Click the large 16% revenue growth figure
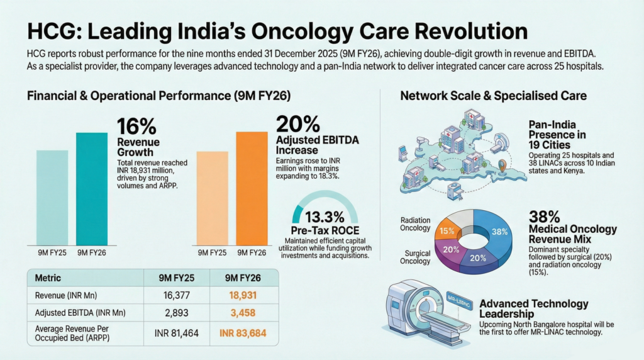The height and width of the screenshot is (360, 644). pyautogui.click(x=136, y=126)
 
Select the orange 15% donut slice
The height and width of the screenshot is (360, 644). pyautogui.click(x=447, y=230)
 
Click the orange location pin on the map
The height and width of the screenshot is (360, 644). pyautogui.click(x=501, y=167)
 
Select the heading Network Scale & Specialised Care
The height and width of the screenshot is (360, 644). pyautogui.click(x=493, y=96)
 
